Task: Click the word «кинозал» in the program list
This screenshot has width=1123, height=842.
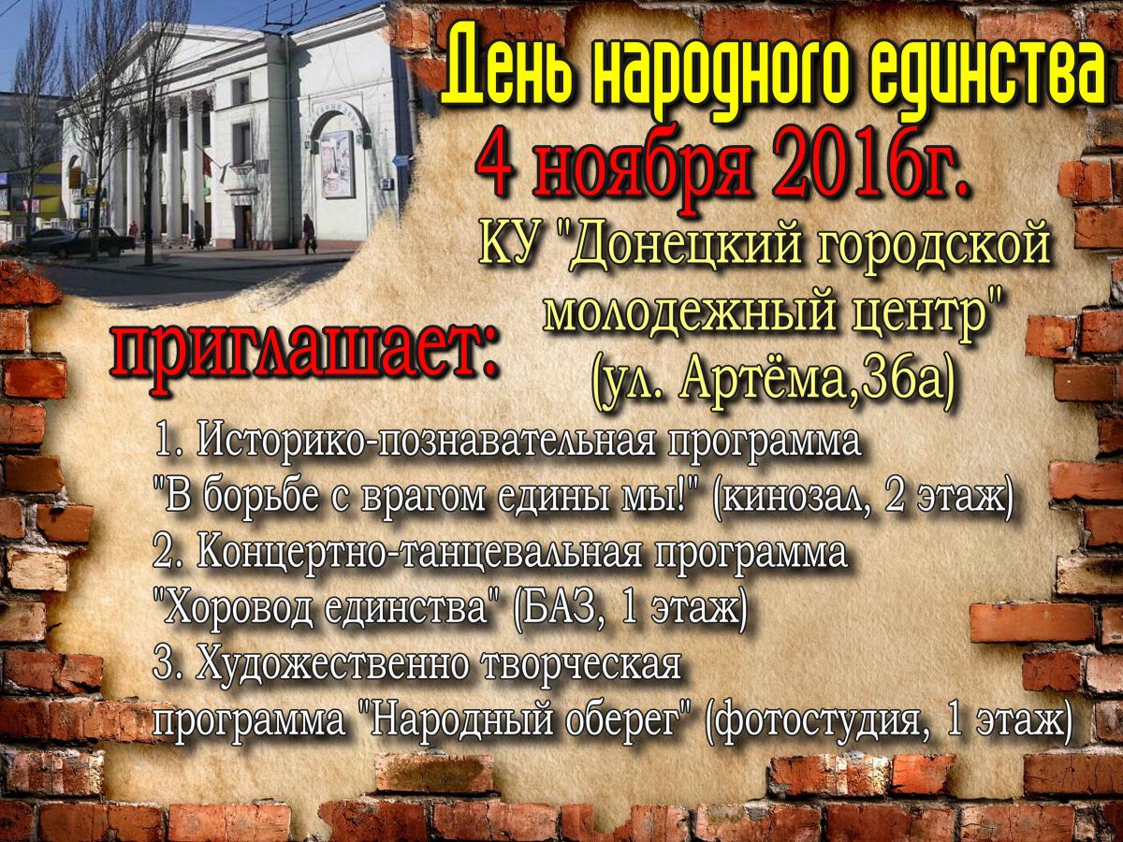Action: tap(809, 499)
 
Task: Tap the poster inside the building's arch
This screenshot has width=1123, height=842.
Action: tap(338, 164)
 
